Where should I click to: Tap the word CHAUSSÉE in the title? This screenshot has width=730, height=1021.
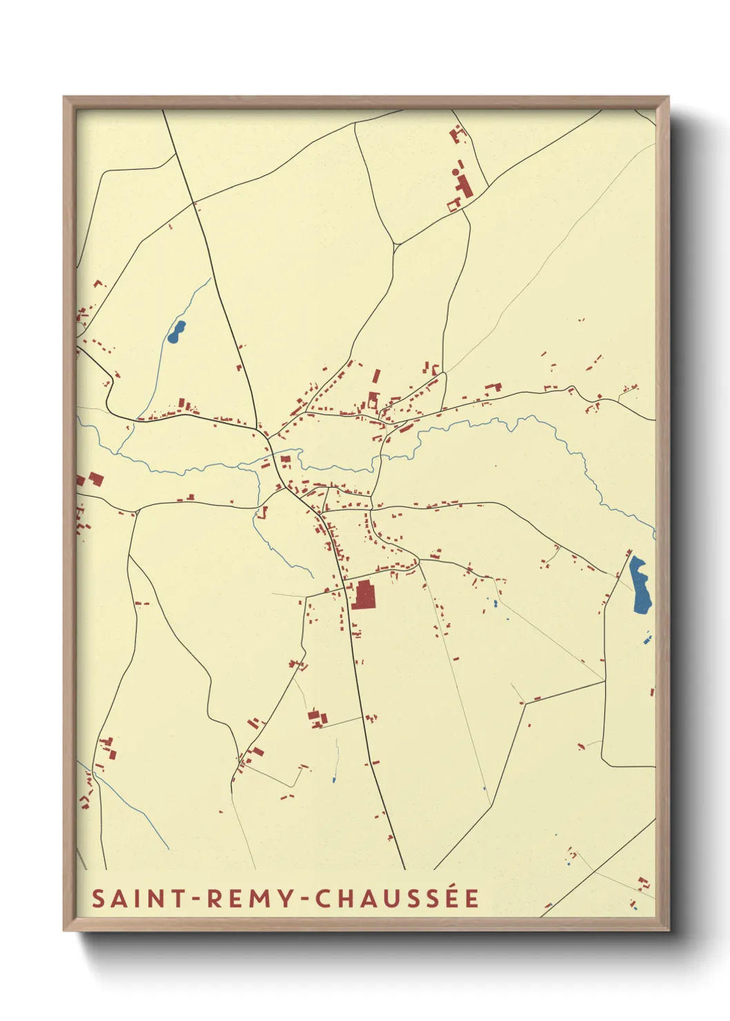click(397, 898)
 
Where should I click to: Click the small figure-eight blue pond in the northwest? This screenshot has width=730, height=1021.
click(177, 332)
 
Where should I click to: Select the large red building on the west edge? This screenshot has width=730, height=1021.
click(95, 479)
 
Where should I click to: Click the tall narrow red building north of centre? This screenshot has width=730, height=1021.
click(376, 376)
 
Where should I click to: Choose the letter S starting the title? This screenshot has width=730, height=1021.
click(99, 898)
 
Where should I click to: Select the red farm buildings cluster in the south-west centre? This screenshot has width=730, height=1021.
click(317, 717)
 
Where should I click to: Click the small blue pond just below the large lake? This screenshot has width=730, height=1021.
click(647, 641)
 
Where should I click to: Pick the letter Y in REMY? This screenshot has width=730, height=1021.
click(285, 898)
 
